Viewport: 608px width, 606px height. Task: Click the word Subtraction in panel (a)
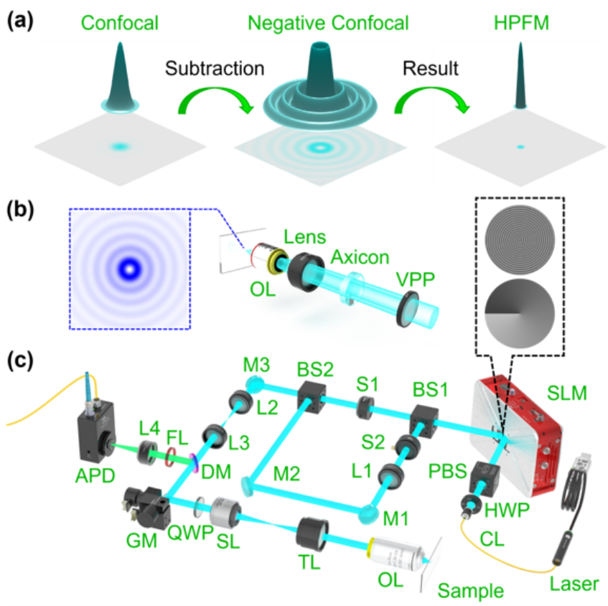215,69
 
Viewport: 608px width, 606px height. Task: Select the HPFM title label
521,23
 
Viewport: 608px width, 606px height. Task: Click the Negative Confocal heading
328,23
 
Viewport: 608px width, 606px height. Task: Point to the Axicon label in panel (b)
360,257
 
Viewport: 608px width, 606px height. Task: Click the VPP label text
416,279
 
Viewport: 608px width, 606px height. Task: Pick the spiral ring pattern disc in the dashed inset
520,240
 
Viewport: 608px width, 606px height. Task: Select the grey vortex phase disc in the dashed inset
520,314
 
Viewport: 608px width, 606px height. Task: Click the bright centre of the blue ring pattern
130,269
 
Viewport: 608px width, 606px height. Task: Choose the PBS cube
485,479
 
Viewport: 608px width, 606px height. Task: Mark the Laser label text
574,584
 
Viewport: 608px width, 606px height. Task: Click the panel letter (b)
20,210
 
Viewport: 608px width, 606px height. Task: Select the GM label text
141,541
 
